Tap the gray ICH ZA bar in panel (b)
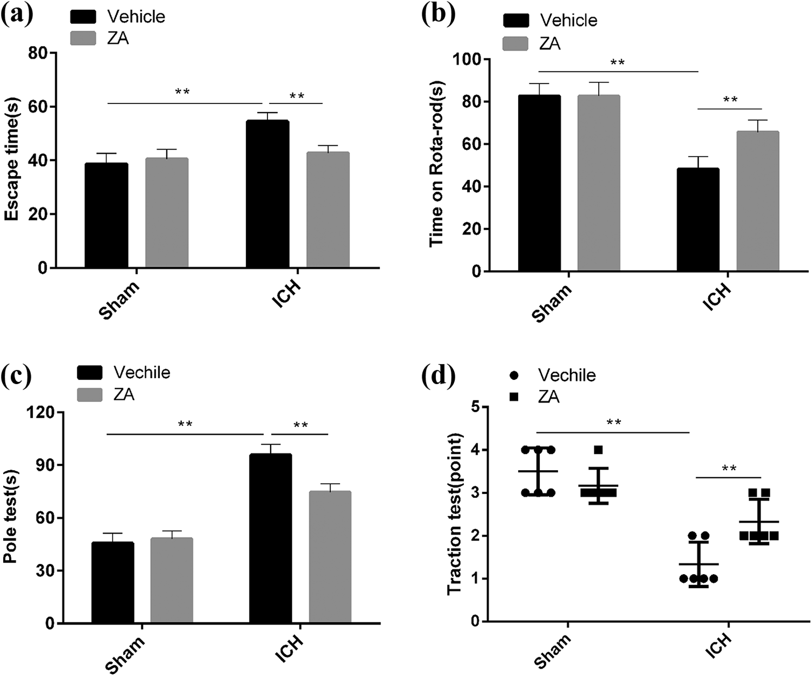tap(757, 201)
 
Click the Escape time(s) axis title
tap(12, 159)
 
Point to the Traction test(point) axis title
tap(456, 513)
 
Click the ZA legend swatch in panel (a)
tap(83, 38)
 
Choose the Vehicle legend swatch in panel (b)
tap(515, 21)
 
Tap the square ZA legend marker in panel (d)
tap(514, 397)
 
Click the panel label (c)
tap(17, 375)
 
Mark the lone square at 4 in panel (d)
tap(598, 450)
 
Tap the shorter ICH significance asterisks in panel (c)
tap(300, 425)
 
